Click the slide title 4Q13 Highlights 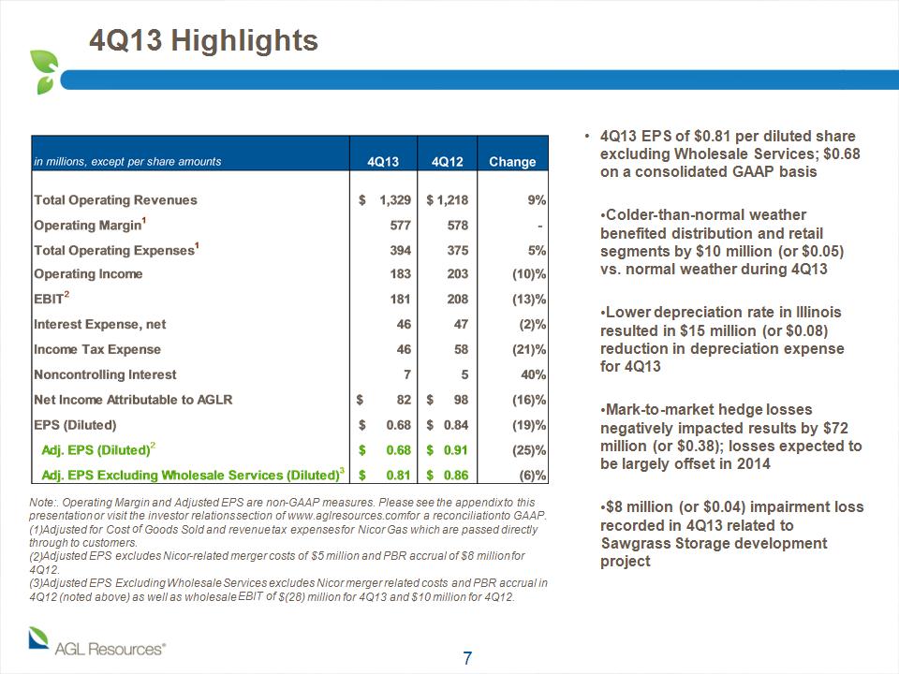[x=203, y=41]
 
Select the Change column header [x=512, y=162]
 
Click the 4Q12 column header [x=447, y=162]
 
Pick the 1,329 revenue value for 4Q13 [x=395, y=200]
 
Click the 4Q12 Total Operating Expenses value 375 [x=458, y=251]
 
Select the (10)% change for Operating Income [x=528, y=274]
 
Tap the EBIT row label [x=51, y=298]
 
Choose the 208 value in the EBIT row [x=458, y=300]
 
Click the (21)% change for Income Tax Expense [x=528, y=349]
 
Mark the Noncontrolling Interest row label [x=105, y=374]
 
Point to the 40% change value [x=533, y=374]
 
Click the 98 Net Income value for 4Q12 [x=461, y=400]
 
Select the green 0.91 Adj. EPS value [x=456, y=450]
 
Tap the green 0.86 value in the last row [x=456, y=476]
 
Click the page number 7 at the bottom [x=467, y=658]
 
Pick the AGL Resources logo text [x=110, y=650]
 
